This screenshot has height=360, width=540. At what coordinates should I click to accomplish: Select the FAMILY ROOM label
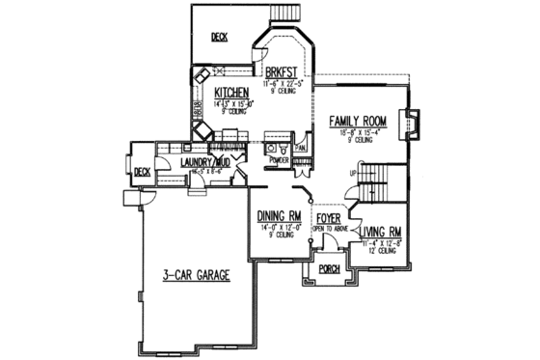358,121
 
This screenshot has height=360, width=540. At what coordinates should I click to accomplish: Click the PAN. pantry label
302,148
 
